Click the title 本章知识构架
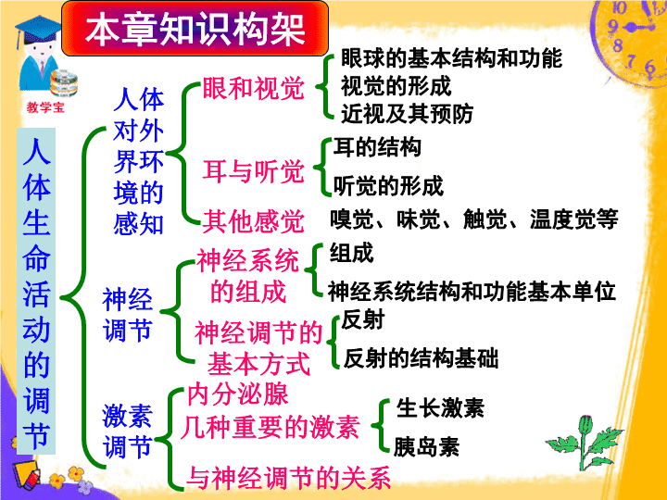click(195, 29)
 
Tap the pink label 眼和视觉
click(254, 89)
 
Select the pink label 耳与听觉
click(254, 171)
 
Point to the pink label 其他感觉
click(254, 221)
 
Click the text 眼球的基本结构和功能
click(451, 58)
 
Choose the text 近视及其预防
click(407, 114)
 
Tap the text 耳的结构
click(377, 147)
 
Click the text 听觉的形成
click(388, 186)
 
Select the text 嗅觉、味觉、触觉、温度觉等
click(474, 219)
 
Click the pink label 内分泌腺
click(238, 394)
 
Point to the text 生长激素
click(440, 408)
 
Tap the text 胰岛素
click(427, 447)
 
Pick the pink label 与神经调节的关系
click(289, 478)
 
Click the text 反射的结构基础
click(421, 358)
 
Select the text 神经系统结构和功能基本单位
click(472, 292)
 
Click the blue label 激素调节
click(127, 431)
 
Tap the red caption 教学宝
click(45, 107)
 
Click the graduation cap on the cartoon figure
click(37, 29)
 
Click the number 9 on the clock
click(612, 26)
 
